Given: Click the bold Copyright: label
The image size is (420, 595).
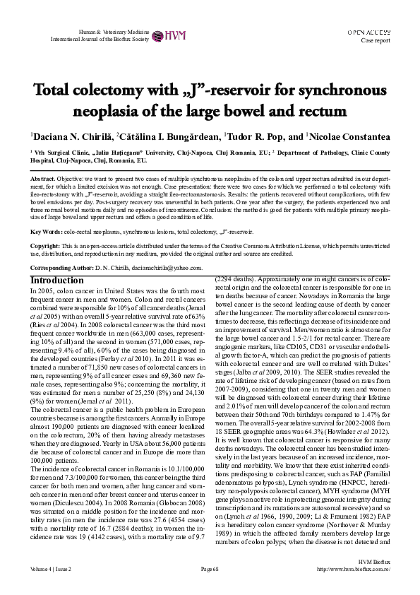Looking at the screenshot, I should (x=45, y=244).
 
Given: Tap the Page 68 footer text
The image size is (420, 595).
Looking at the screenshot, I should (x=210, y=568).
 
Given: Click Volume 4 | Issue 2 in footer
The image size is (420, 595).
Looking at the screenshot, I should (x=50, y=568).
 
